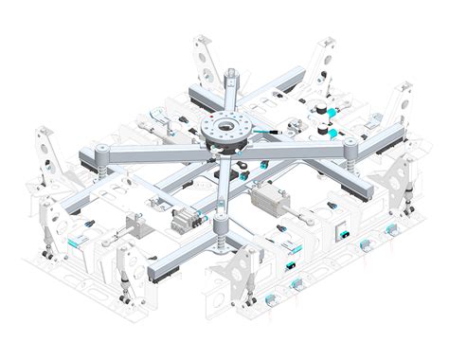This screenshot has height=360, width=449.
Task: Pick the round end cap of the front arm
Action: coord(221,224)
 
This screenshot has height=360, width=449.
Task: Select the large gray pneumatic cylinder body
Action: coord(274,200)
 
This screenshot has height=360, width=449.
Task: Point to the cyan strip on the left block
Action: coord(71,243)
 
